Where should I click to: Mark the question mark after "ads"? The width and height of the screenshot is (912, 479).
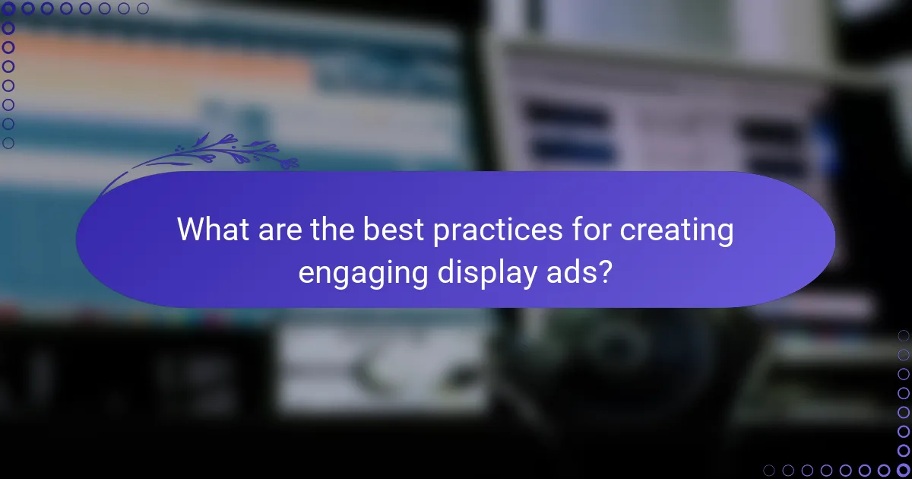coord(606,271)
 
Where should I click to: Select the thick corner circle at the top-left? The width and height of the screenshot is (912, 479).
coord(8,9)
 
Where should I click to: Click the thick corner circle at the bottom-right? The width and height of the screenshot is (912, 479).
coord(904,471)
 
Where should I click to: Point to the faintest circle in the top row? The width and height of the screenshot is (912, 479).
coord(143,9)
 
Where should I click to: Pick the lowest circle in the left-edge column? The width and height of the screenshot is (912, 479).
coord(8,143)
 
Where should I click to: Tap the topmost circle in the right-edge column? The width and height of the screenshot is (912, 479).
coord(904,335)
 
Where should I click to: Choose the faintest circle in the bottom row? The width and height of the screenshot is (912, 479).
coord(769,471)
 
